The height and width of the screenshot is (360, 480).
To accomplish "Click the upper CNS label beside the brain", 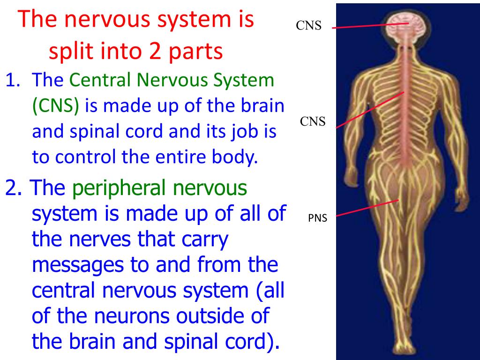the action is pyautogui.click(x=308, y=26).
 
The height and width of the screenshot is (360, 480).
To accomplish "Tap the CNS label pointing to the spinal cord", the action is pyautogui.click(x=313, y=122).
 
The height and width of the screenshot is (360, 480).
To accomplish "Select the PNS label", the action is pyautogui.click(x=317, y=217).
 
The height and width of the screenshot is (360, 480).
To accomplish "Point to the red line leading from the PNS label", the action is pyautogui.click(x=367, y=208).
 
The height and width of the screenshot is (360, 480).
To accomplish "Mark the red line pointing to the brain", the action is pyautogui.click(x=370, y=25).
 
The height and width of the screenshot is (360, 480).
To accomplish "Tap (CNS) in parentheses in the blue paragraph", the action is pyautogui.click(x=55, y=106).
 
